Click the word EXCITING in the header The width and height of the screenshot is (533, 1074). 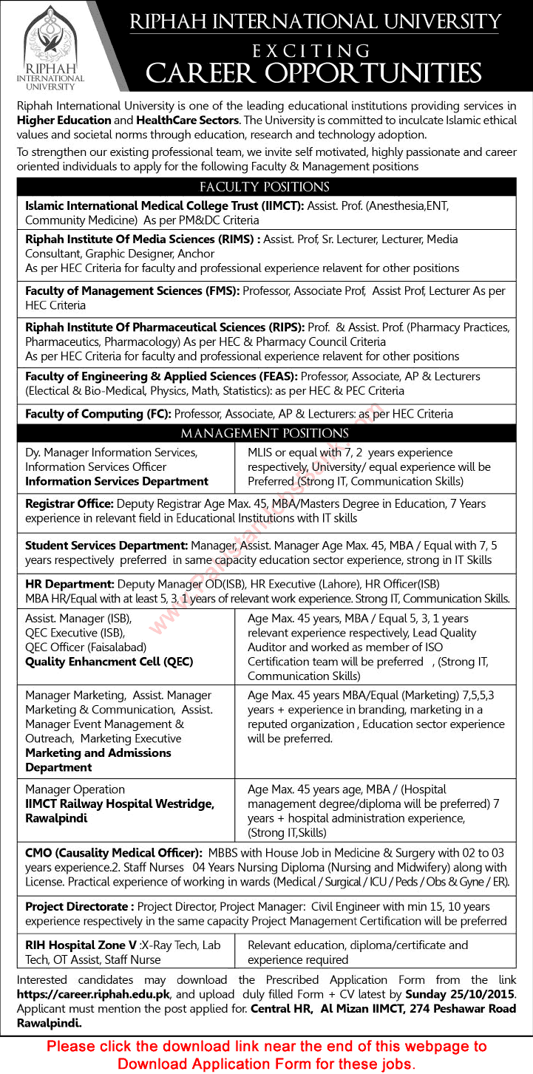pyautogui.click(x=311, y=51)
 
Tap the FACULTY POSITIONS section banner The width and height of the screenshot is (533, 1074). pyautogui.click(x=265, y=187)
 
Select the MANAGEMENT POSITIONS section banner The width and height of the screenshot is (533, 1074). pyautogui.click(x=265, y=433)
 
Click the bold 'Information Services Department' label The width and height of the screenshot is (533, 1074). pyautogui.click(x=117, y=481)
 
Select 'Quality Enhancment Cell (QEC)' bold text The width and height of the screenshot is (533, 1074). pyautogui.click(x=109, y=662)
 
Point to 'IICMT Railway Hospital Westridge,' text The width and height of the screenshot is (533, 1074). pyautogui.click(x=120, y=804)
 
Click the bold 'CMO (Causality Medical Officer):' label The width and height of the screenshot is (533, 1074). pyautogui.click(x=113, y=852)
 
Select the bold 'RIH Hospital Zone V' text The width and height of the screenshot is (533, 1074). pyautogui.click(x=78, y=945)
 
